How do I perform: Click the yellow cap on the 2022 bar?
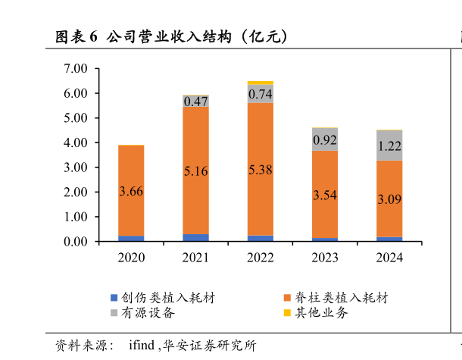click(x=261, y=83)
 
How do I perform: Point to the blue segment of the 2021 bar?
click(x=195, y=238)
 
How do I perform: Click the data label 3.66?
click(x=131, y=191)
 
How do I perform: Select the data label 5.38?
click(x=261, y=170)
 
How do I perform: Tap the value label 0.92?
click(x=325, y=139)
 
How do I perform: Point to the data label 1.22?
click(x=389, y=146)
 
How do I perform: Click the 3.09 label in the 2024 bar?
click(x=389, y=200)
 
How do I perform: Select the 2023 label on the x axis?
click(x=325, y=258)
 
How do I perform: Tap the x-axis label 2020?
click(x=131, y=258)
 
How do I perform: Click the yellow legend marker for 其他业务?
click(x=287, y=312)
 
